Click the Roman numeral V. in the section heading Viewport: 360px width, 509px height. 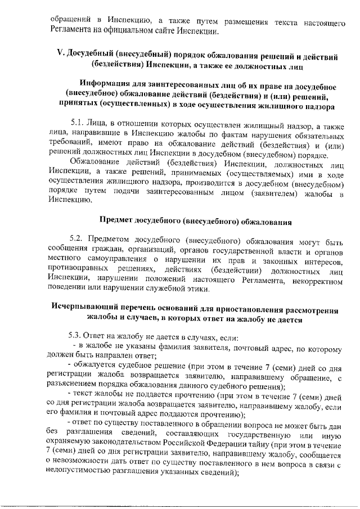click(61, 56)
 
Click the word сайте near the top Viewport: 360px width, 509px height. click(167, 31)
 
